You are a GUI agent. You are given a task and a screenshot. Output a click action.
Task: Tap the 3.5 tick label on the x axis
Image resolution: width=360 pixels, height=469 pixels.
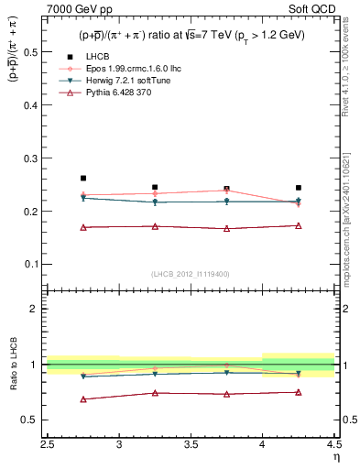[x=191, y=444]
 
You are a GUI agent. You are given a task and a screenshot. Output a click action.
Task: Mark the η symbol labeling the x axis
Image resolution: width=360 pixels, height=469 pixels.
[x=335, y=457]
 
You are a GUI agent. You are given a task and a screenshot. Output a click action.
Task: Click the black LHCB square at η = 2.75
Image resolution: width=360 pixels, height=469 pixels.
[x=83, y=178]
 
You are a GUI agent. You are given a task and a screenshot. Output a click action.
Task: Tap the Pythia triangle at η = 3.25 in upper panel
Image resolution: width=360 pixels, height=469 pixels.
[x=155, y=226]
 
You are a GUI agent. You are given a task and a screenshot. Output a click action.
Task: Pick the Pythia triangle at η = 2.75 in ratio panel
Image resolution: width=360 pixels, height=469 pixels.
[x=83, y=399]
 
